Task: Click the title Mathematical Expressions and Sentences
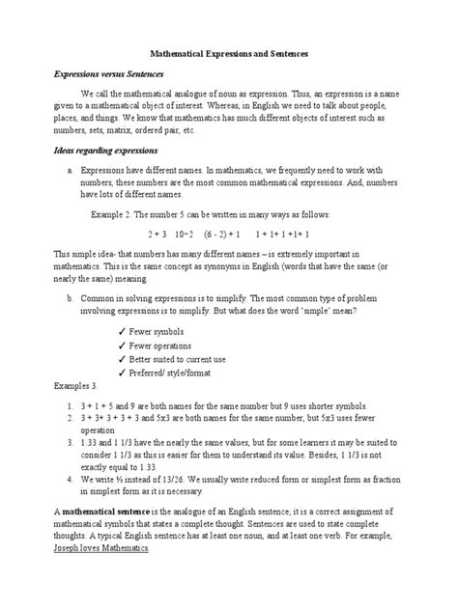[x=228, y=58]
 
